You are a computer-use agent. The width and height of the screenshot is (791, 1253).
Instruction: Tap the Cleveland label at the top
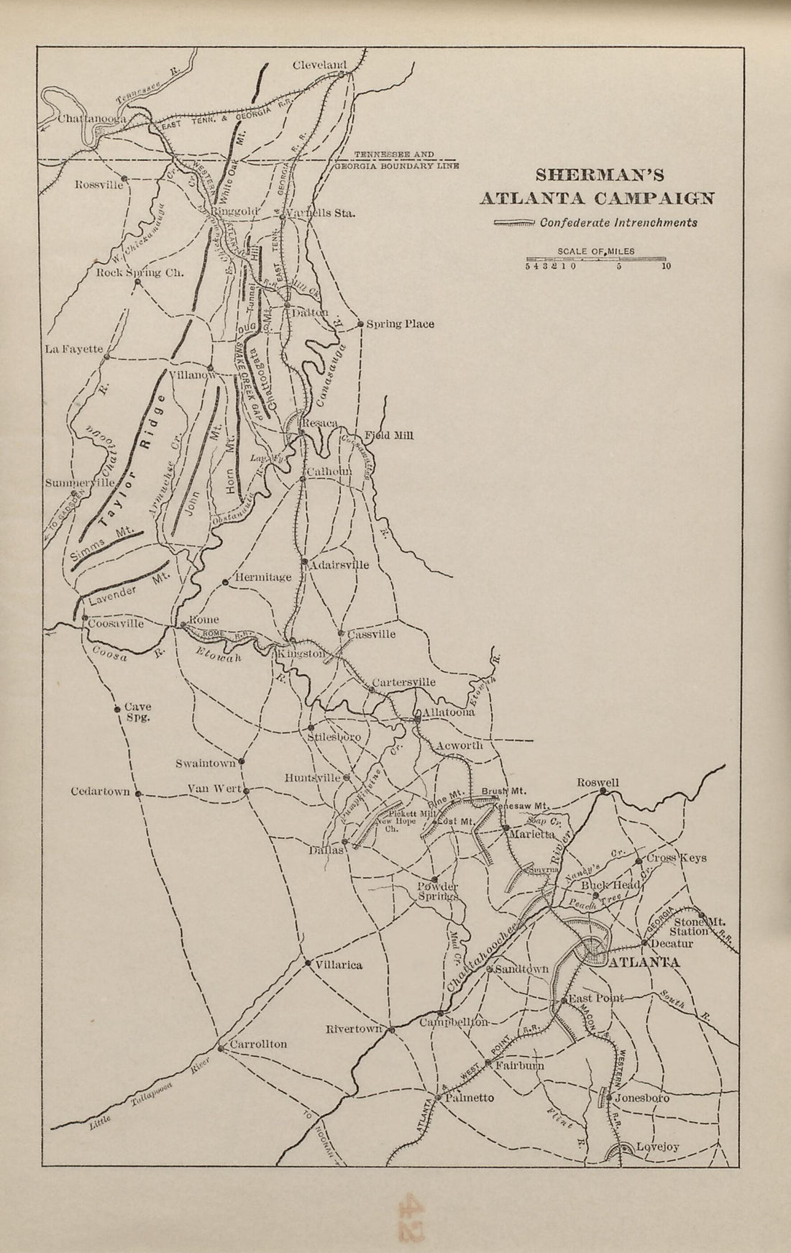(x=319, y=65)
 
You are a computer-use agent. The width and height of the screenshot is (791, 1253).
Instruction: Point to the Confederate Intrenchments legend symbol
(x=513, y=224)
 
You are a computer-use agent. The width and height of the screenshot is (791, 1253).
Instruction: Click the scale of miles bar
(x=596, y=259)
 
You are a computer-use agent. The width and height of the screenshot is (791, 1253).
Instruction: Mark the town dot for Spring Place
(x=360, y=324)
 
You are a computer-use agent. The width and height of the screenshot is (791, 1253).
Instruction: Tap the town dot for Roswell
(x=603, y=792)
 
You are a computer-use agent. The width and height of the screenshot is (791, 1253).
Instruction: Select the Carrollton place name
(x=257, y=1045)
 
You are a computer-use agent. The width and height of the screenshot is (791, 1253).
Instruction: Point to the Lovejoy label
(x=657, y=1147)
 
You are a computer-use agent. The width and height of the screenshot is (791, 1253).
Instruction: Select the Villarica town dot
(x=307, y=963)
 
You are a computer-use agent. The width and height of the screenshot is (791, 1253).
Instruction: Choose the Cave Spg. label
(x=137, y=712)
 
